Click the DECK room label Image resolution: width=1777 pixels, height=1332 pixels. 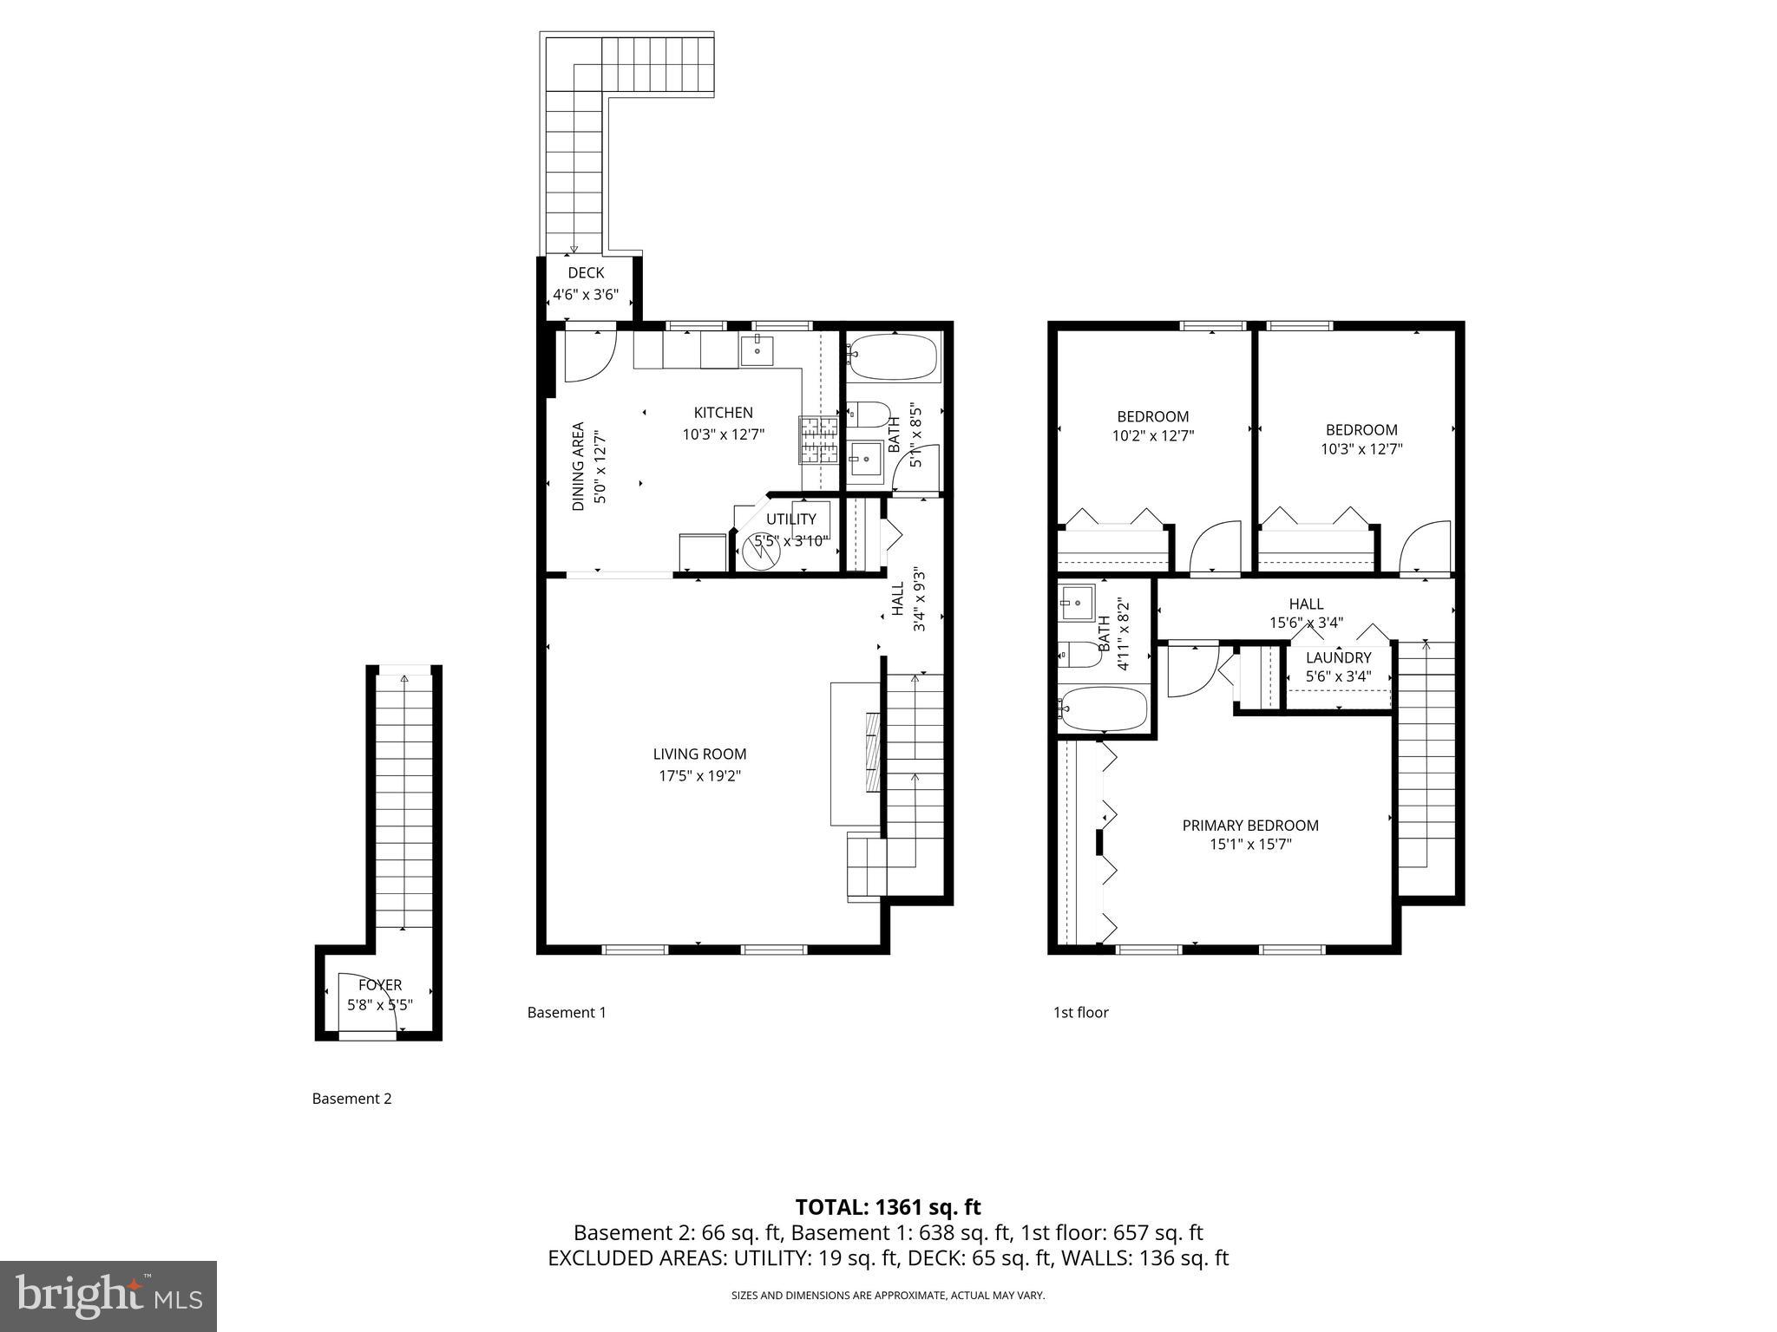(x=586, y=273)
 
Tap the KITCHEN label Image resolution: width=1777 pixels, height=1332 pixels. (x=723, y=413)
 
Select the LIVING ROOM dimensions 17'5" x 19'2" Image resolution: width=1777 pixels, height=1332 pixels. (x=699, y=776)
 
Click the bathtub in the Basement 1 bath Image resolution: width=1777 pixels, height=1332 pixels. (x=893, y=356)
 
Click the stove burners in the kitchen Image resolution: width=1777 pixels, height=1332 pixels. (x=818, y=439)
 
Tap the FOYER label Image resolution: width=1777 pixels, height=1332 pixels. (x=380, y=985)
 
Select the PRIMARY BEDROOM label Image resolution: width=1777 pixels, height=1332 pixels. (x=1250, y=826)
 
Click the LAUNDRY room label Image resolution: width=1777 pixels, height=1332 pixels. (x=1338, y=657)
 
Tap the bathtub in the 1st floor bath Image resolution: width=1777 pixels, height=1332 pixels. (x=1104, y=708)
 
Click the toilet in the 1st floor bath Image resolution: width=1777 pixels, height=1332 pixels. (x=1079, y=654)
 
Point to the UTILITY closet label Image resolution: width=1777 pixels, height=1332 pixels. (x=790, y=519)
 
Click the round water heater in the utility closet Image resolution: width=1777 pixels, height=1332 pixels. (x=761, y=550)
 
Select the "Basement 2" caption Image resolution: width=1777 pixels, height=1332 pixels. (x=351, y=1099)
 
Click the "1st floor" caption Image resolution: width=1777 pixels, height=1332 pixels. (x=1080, y=1012)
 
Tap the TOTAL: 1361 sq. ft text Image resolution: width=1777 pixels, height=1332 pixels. (x=888, y=1207)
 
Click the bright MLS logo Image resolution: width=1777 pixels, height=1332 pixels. (x=108, y=1296)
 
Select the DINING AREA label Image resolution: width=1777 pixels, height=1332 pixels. (x=579, y=467)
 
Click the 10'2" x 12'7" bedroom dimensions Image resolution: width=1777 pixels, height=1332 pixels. (x=1153, y=436)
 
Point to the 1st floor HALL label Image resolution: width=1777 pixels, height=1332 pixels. (x=1306, y=604)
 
